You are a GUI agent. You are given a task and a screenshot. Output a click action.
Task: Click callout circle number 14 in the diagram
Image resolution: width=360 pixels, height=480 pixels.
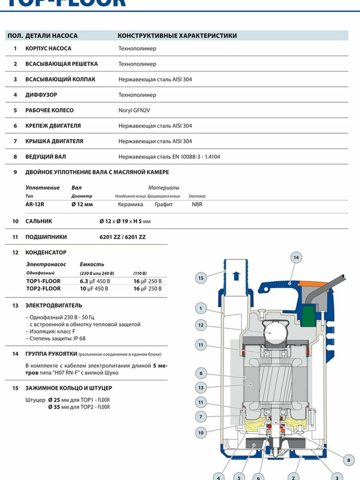point(296,258)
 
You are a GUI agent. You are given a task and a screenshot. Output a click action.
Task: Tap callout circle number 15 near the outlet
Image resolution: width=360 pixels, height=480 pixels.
point(201,278)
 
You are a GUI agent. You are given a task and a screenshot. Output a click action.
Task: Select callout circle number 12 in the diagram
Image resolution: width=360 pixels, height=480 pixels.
point(201,325)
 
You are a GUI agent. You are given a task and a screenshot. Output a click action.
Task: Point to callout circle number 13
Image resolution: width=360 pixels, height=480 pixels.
point(201,388)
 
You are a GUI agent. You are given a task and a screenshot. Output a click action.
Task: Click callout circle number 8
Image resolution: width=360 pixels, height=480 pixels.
point(349,460)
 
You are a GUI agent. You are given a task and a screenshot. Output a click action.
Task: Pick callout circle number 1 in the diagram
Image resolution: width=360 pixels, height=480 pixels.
point(201,308)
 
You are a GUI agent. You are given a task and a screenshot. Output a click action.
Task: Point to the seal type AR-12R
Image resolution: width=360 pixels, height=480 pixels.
point(35,204)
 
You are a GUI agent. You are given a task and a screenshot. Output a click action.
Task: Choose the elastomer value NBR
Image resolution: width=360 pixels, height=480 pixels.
point(197,204)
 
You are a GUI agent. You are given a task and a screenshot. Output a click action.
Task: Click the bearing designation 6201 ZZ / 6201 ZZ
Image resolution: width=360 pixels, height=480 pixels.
point(122,237)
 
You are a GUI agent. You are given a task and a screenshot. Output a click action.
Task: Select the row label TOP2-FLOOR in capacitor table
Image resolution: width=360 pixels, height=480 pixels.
point(43,289)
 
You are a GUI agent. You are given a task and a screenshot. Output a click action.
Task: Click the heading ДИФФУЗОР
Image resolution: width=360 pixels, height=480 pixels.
point(41,95)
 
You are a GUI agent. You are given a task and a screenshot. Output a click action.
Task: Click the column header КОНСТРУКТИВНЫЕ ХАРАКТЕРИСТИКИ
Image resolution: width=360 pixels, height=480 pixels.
point(177,36)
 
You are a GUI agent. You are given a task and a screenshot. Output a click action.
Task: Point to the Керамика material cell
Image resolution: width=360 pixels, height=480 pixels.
point(130,204)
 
